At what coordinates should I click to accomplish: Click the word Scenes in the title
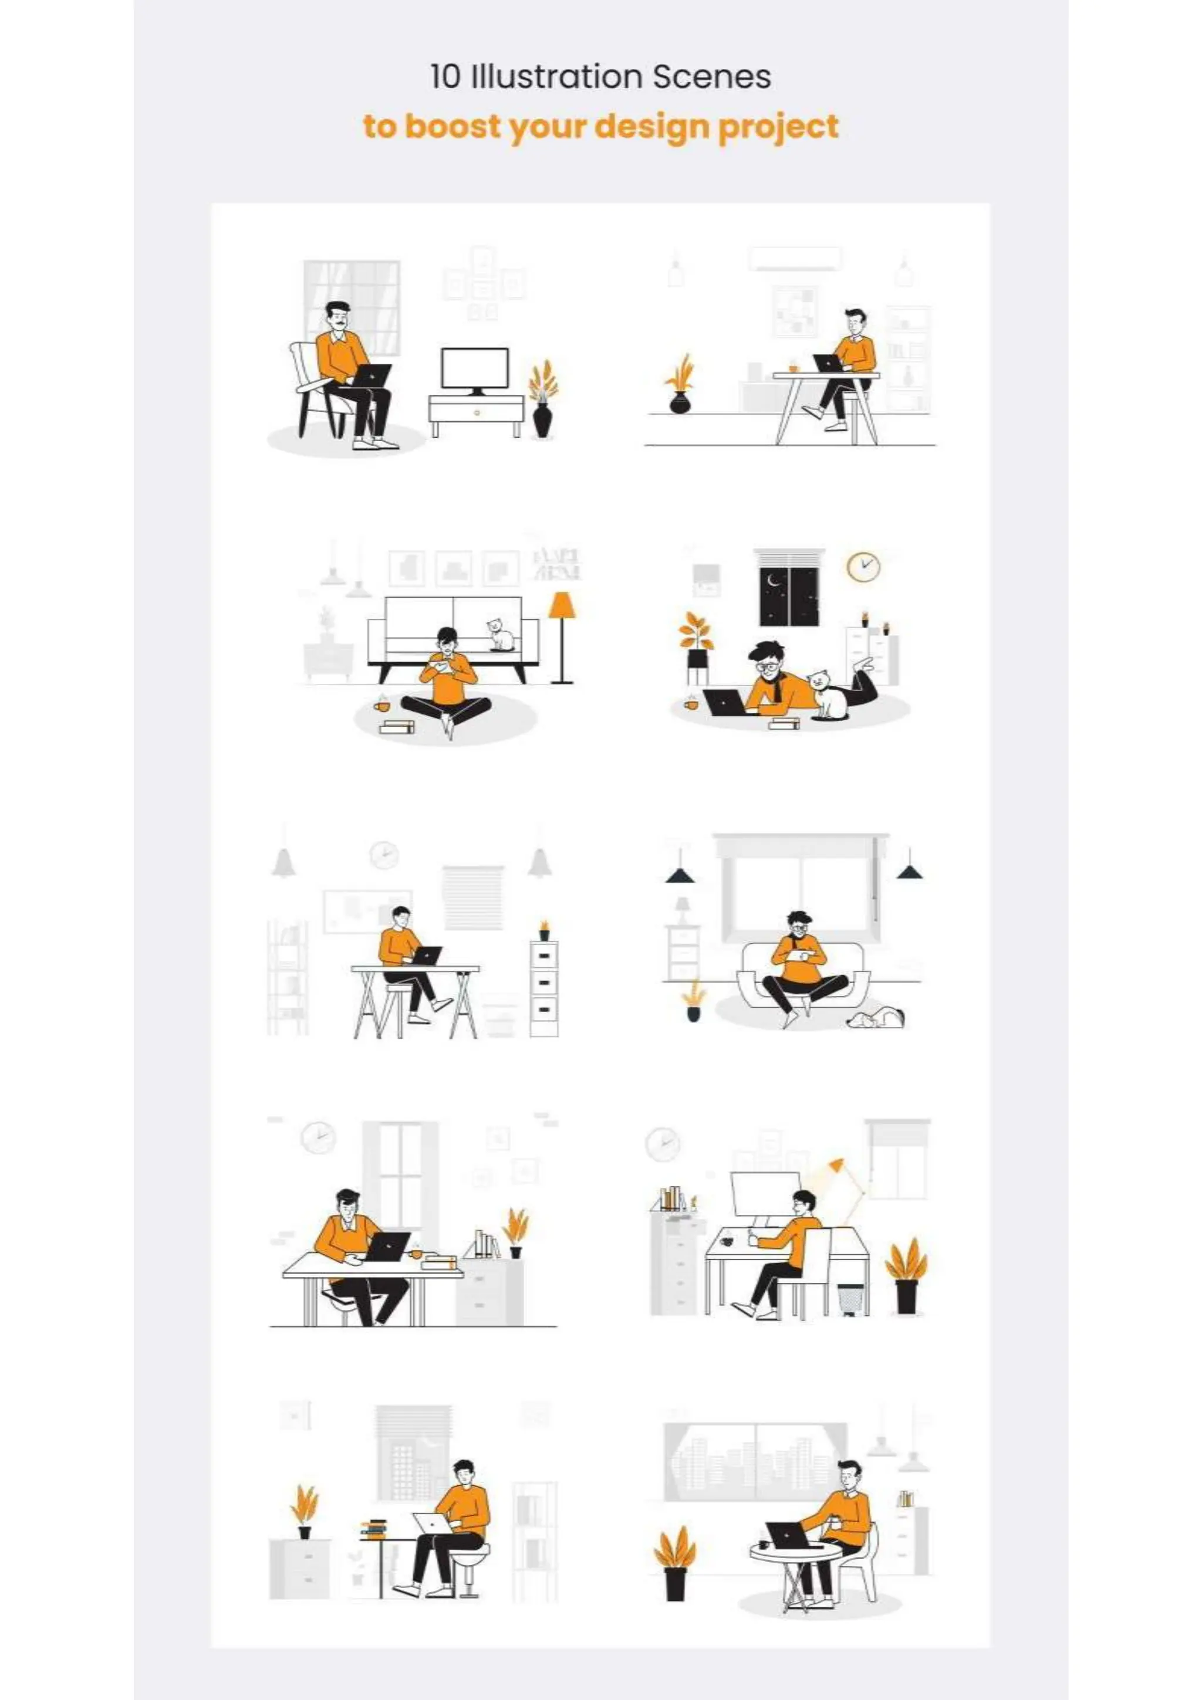click(711, 77)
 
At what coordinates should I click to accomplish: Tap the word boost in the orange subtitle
click(453, 126)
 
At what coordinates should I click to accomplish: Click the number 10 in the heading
click(445, 77)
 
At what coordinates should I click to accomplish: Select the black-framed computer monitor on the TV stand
click(475, 369)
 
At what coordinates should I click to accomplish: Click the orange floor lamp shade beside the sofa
click(562, 604)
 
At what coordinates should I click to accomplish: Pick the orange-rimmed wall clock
click(863, 567)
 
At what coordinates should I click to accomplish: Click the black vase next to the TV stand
click(542, 419)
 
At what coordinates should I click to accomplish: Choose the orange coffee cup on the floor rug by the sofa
click(381, 706)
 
